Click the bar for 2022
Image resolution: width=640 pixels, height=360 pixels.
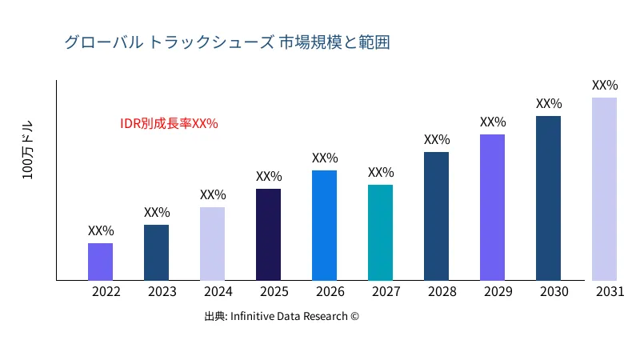tap(100, 262)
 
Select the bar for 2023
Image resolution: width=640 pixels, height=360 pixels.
tap(156, 253)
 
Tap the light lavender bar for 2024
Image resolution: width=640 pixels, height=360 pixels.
tap(212, 244)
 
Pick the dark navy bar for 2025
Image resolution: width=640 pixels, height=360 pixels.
tap(268, 234)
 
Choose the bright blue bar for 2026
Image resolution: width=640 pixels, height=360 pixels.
tap(324, 226)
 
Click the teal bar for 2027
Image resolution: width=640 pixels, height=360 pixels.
tap(380, 233)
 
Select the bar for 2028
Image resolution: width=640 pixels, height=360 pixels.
tap(436, 216)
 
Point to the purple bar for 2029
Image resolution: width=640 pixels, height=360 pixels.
tap(492, 207)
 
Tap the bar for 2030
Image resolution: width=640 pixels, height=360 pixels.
tap(548, 198)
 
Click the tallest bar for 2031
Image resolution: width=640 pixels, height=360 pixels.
tap(604, 189)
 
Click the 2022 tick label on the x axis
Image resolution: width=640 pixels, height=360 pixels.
tap(106, 292)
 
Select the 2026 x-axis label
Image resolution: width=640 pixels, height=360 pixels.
tap(330, 292)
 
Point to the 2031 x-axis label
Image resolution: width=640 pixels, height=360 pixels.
tap(610, 292)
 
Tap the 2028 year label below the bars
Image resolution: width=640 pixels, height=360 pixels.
tap(442, 292)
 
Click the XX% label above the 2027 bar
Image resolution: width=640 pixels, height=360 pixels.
tap(381, 172)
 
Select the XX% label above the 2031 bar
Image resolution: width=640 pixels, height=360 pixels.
tap(605, 85)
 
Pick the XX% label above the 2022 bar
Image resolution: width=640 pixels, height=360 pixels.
tap(101, 230)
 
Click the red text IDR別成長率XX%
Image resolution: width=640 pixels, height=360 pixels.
tap(169, 124)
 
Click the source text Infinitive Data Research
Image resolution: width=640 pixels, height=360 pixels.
tap(282, 317)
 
